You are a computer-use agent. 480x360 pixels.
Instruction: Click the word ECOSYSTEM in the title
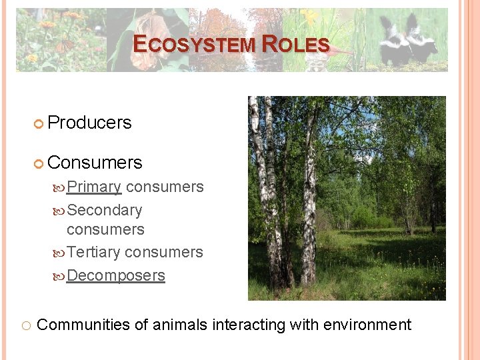pos(194,45)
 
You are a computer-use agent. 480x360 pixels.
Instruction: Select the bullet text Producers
pos(90,123)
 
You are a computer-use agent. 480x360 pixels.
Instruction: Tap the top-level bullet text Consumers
pos(95,163)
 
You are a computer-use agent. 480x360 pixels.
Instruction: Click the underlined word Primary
pos(94,187)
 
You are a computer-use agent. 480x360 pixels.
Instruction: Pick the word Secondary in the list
pos(105,210)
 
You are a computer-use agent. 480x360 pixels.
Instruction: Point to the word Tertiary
pos(93,252)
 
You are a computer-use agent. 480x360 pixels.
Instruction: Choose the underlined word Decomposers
pos(115,275)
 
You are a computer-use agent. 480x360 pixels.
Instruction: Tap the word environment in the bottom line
pos(367,325)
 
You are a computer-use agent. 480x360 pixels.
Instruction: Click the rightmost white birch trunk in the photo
pos(309,200)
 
